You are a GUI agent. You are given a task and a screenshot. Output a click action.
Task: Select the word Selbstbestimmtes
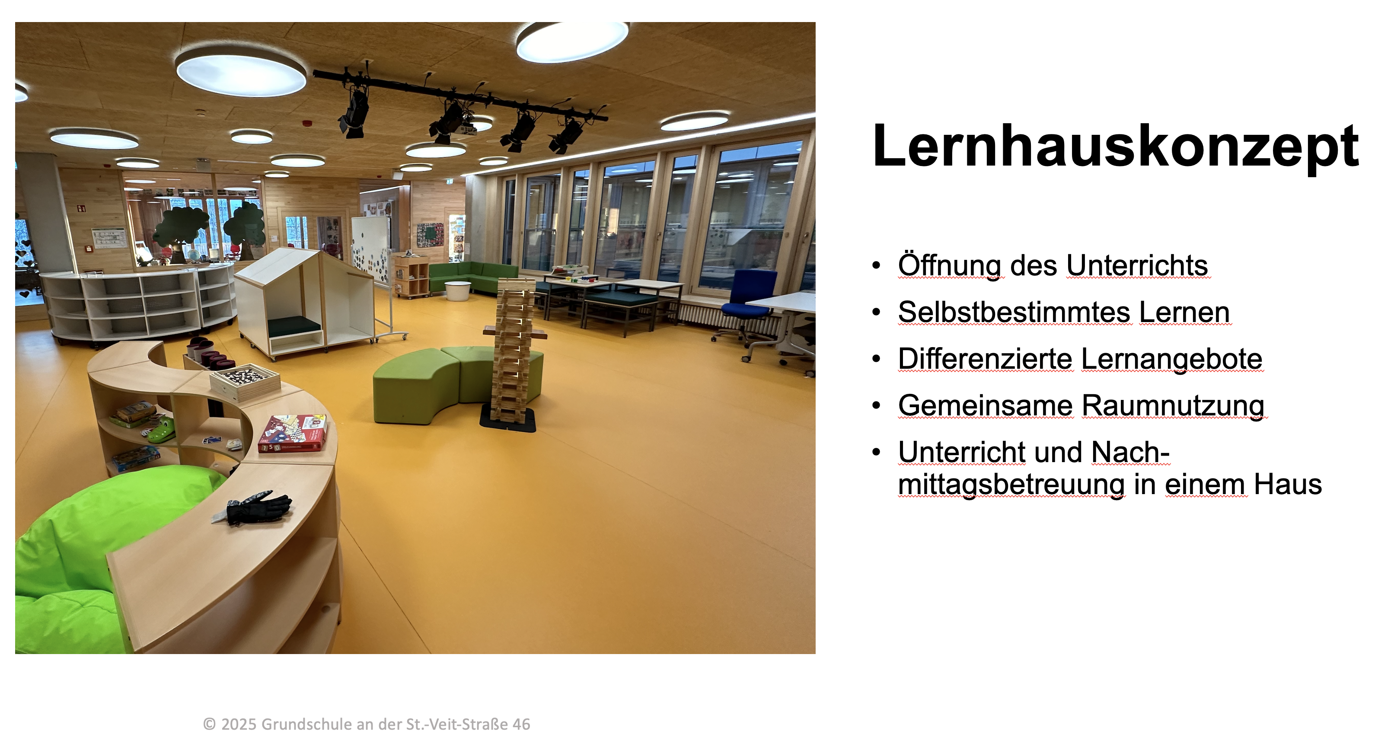coord(1015,312)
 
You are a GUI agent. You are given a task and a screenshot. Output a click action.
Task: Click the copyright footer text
coord(367,724)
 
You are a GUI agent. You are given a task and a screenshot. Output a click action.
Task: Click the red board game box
coord(293,434)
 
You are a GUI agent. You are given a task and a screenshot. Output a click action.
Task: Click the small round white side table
coord(458,291)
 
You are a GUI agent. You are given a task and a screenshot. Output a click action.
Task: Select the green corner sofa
coord(471,278)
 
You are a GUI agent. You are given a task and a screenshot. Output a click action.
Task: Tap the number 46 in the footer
coord(521,724)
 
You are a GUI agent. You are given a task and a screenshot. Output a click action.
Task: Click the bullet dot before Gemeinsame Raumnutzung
coord(876,405)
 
